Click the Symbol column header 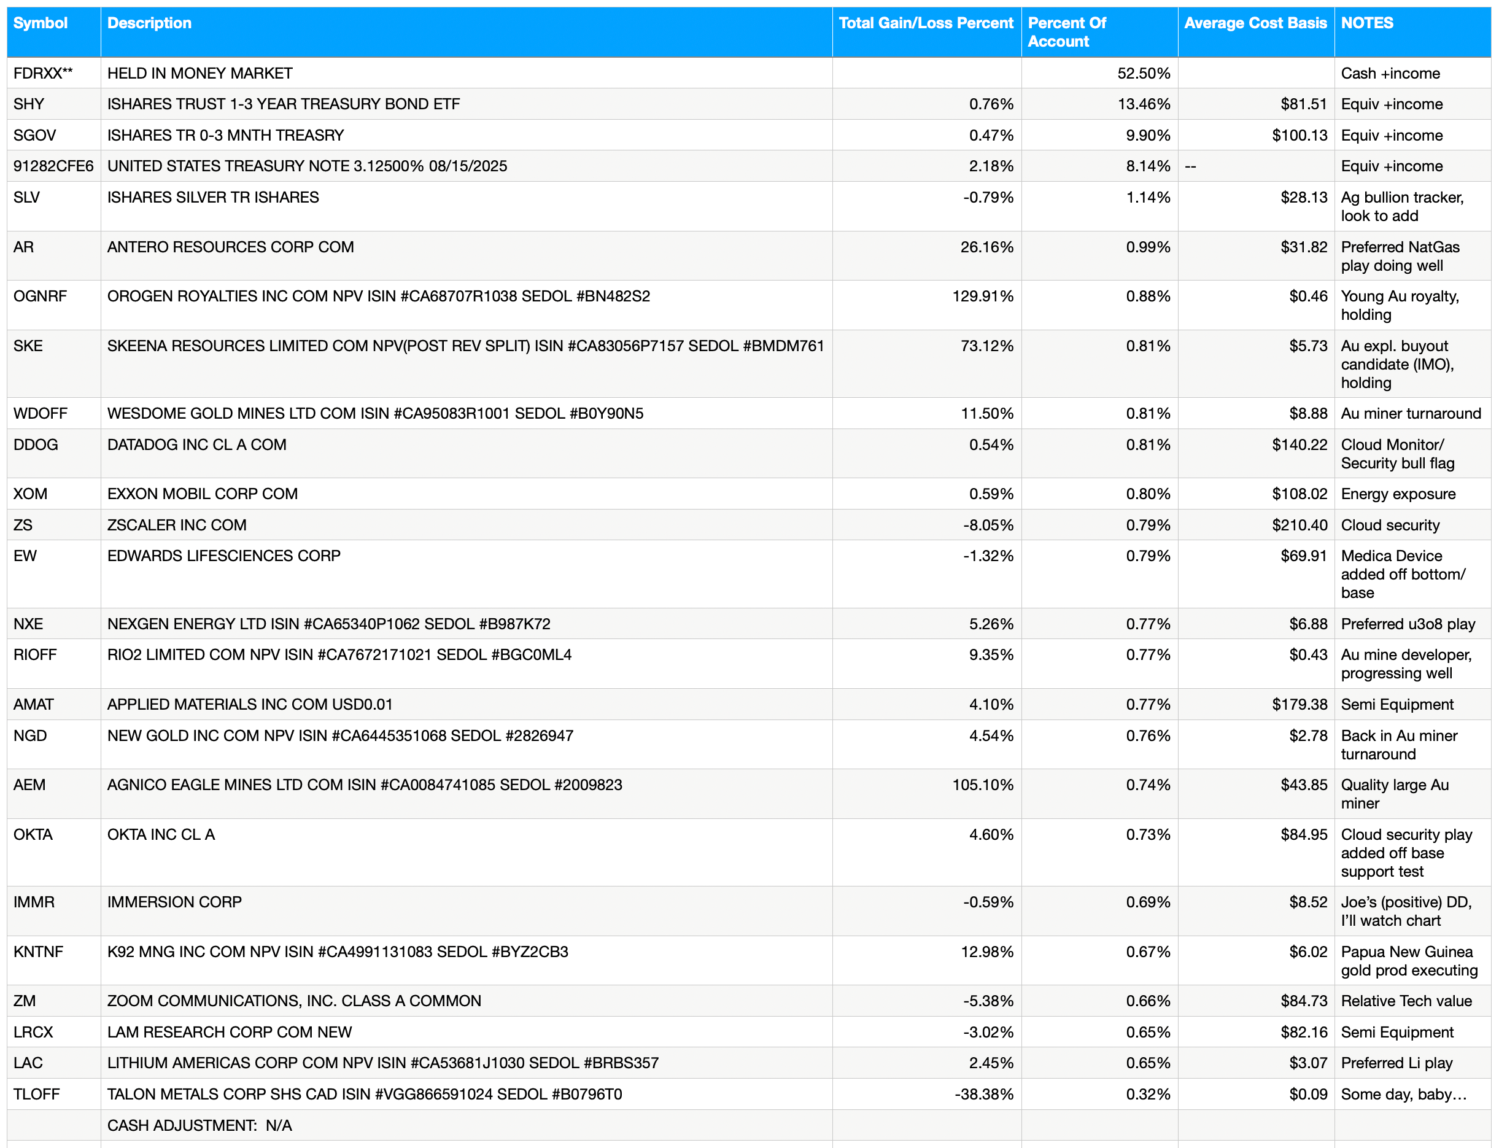[41, 23]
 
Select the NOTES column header [1366, 23]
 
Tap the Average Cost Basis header [1255, 23]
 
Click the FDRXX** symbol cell [43, 73]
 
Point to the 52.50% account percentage [1143, 73]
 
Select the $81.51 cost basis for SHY [1303, 104]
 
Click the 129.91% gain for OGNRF [983, 296]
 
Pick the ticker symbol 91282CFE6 [53, 166]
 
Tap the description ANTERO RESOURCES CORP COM [230, 247]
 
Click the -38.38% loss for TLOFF [984, 1094]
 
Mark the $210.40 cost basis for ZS [1299, 525]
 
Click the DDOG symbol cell [36, 444]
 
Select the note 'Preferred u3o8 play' [1408, 624]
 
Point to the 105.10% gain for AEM [983, 785]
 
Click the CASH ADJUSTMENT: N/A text [199, 1125]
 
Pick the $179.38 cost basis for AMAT [1299, 704]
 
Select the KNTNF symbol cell [38, 951]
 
